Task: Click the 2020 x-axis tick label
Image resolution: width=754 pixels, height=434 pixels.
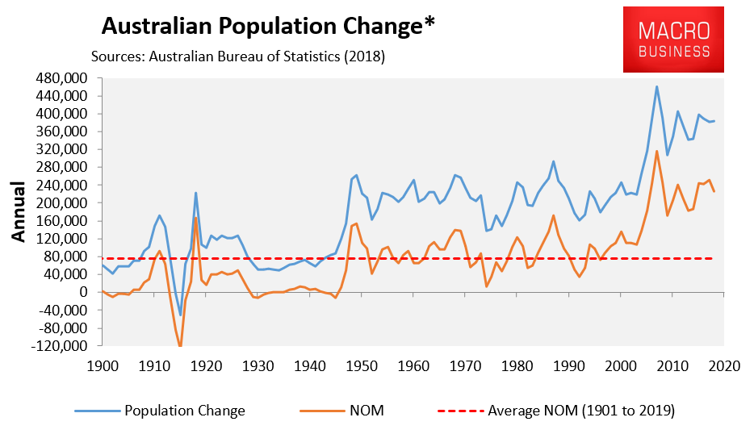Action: [x=723, y=365]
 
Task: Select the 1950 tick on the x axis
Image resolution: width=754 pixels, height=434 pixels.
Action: [x=360, y=365]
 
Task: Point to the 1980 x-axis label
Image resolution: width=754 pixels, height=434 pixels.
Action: [x=516, y=365]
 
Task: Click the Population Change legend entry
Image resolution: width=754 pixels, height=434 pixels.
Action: [x=184, y=411]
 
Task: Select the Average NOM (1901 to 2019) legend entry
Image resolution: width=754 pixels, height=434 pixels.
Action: [x=581, y=411]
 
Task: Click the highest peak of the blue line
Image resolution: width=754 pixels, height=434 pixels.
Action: [x=656, y=86]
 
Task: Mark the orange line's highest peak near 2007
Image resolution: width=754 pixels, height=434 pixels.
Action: [x=656, y=151]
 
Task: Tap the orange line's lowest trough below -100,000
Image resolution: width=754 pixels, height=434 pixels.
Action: [x=180, y=345]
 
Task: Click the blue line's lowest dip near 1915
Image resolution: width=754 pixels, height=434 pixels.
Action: [x=180, y=315]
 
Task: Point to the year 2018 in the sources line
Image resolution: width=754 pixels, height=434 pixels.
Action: [x=366, y=57]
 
